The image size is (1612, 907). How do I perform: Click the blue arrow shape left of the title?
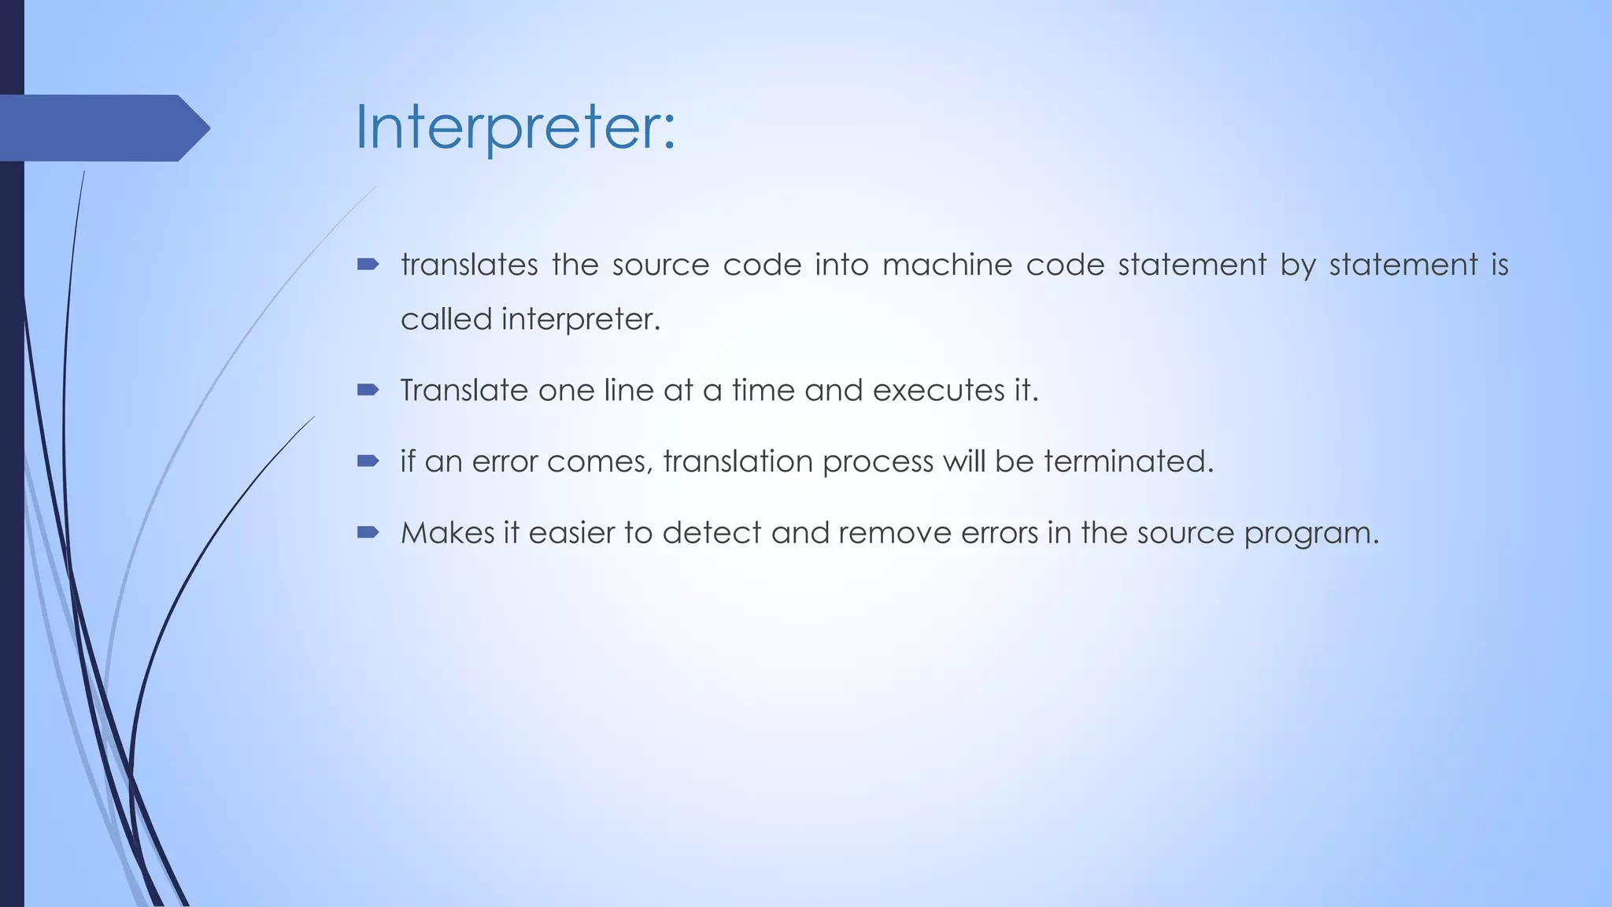pyautogui.click(x=102, y=128)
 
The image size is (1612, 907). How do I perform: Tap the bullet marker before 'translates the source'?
pyautogui.click(x=368, y=265)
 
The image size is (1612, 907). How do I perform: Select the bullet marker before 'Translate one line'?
pyautogui.click(x=368, y=390)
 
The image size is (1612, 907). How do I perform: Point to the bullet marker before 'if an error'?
pyautogui.click(x=368, y=461)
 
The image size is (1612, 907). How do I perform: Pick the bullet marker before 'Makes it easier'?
pyautogui.click(x=368, y=532)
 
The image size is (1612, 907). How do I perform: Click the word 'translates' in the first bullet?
pyautogui.click(x=469, y=265)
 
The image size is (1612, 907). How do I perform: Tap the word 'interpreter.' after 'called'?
pyautogui.click(x=581, y=319)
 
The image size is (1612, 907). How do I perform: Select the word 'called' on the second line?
pyautogui.click(x=446, y=319)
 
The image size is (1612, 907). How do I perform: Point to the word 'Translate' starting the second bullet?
pyautogui.click(x=464, y=390)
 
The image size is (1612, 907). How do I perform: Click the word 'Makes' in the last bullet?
pyautogui.click(x=446, y=533)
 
